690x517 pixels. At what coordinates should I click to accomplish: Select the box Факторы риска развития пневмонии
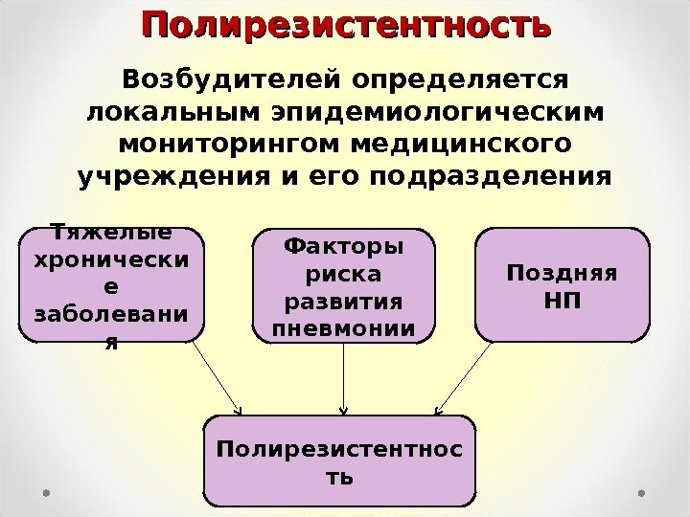(x=344, y=284)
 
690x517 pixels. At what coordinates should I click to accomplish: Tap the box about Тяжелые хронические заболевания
(x=111, y=284)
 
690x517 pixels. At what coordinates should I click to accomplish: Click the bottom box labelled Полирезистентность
(x=340, y=461)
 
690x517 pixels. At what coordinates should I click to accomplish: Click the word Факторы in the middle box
(x=344, y=247)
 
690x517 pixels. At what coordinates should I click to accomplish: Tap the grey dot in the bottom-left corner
(x=46, y=494)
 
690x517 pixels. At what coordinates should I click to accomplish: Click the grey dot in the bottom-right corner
(x=643, y=494)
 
